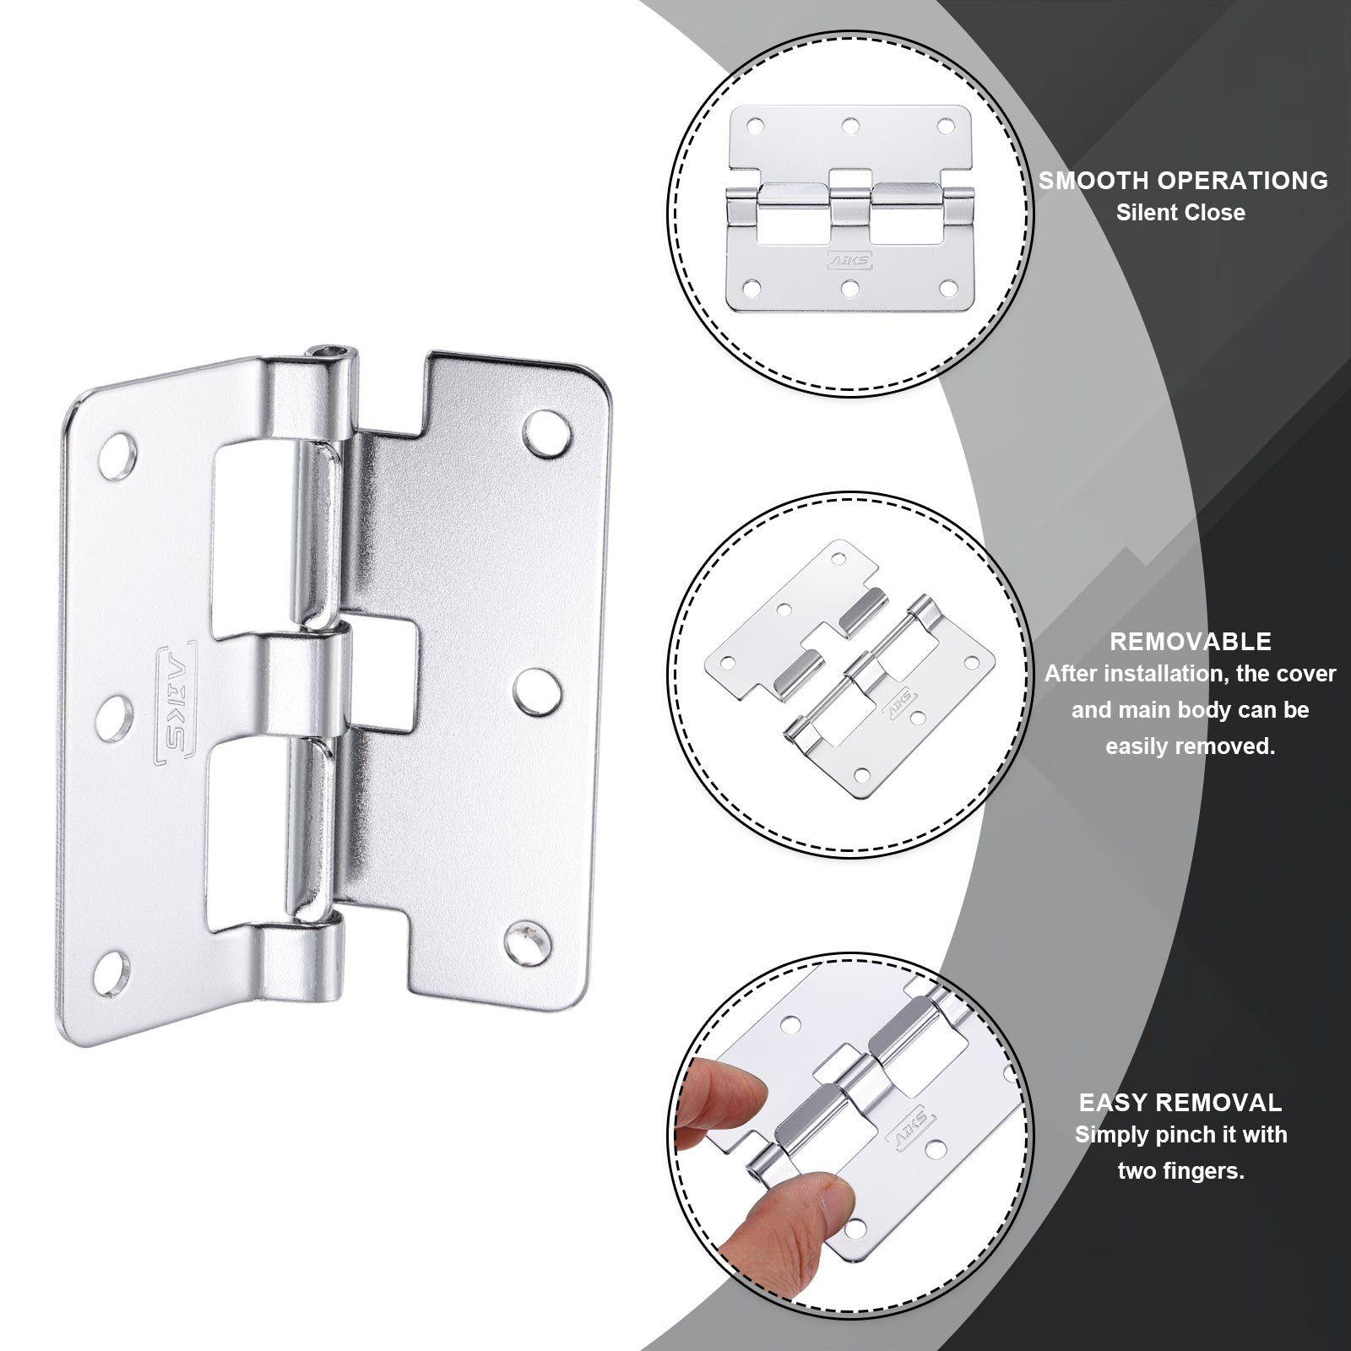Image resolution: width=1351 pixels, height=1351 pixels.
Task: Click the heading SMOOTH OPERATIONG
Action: tap(1183, 181)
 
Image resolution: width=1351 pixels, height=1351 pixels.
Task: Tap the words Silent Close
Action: tap(1180, 213)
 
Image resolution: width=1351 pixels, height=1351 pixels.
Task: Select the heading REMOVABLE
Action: tap(1191, 642)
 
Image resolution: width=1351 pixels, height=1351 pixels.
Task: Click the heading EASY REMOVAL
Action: tap(1180, 1103)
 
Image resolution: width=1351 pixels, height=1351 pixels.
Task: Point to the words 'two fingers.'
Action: tap(1181, 1172)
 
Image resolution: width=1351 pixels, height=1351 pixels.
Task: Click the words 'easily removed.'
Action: tap(1190, 746)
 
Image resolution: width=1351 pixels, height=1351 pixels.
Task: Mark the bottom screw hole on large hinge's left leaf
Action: tap(112, 974)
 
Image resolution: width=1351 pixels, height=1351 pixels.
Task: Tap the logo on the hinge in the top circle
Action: tap(850, 261)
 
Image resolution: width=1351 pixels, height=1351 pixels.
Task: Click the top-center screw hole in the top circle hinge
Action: tap(851, 127)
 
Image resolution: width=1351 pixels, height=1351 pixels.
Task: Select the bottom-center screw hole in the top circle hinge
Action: tap(850, 289)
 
